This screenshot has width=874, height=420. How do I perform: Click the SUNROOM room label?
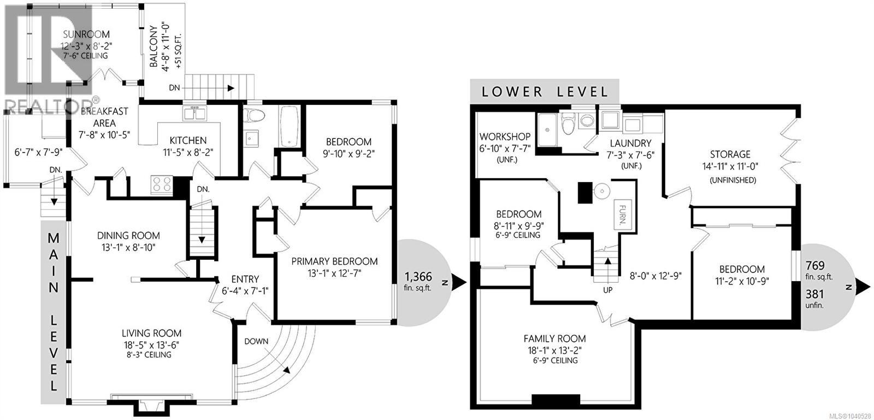[x=86, y=34]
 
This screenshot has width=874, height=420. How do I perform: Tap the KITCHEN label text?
[x=188, y=140]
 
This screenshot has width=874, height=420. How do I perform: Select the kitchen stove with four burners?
[x=162, y=185]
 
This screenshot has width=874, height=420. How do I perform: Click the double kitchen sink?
[x=194, y=114]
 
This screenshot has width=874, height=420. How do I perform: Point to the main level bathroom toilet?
[x=253, y=115]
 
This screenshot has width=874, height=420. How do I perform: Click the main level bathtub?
[x=289, y=126]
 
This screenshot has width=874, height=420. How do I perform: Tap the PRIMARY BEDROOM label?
[x=334, y=261]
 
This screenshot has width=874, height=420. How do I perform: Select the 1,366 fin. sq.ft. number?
[x=418, y=277]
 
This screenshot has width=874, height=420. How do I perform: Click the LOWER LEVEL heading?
[x=545, y=92]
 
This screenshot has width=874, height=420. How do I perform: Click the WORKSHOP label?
[x=505, y=137]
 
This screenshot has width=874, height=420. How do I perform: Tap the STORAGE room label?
[x=730, y=154]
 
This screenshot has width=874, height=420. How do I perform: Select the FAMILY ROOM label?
[x=554, y=339]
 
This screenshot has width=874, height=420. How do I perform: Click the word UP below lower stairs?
[x=607, y=290]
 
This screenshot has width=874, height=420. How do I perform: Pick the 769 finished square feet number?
[x=815, y=266]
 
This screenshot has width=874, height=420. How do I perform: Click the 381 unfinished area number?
[x=814, y=294]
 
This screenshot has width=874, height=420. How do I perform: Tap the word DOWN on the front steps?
[x=256, y=341]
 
